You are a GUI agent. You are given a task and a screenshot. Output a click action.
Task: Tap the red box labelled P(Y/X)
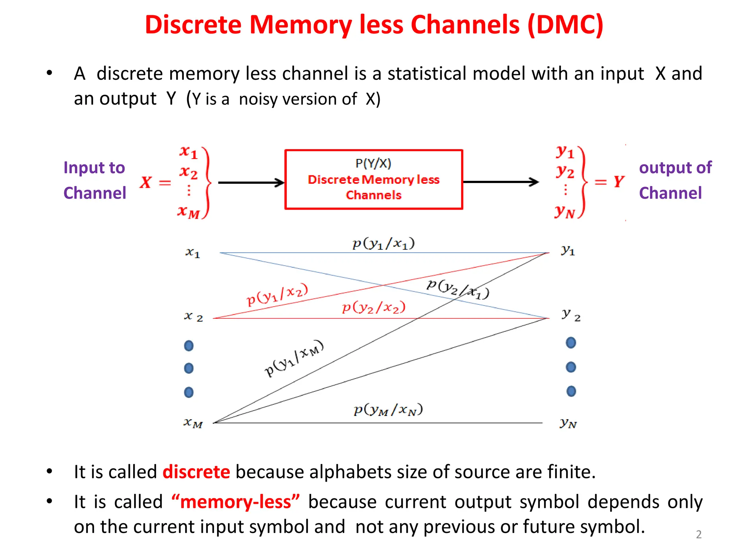373,179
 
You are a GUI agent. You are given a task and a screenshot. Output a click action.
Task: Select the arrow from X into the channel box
251,182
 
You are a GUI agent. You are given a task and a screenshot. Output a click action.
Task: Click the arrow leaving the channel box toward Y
500,182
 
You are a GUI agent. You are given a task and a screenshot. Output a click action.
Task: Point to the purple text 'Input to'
94,168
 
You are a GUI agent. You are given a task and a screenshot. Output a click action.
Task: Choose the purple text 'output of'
675,168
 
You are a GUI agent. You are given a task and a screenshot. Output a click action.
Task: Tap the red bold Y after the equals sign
619,181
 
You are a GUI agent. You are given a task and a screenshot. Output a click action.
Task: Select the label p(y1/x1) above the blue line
383,244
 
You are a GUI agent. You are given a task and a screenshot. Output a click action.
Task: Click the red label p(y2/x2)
373,307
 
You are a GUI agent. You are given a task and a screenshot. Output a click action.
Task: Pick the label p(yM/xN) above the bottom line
388,410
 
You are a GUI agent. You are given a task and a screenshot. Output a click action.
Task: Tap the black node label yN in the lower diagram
568,423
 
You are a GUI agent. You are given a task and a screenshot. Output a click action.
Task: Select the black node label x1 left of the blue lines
193,252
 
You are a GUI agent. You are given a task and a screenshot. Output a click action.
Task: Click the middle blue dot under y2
571,367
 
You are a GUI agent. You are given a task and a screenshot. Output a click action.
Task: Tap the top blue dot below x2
189,345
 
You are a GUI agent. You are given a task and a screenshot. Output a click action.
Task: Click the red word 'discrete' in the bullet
196,472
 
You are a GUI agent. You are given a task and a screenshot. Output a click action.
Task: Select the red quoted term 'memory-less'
236,502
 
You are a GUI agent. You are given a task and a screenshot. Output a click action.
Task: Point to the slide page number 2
698,534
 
